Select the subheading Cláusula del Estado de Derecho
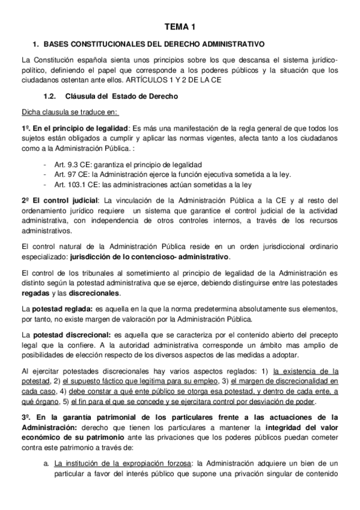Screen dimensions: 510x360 pos(127,96)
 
